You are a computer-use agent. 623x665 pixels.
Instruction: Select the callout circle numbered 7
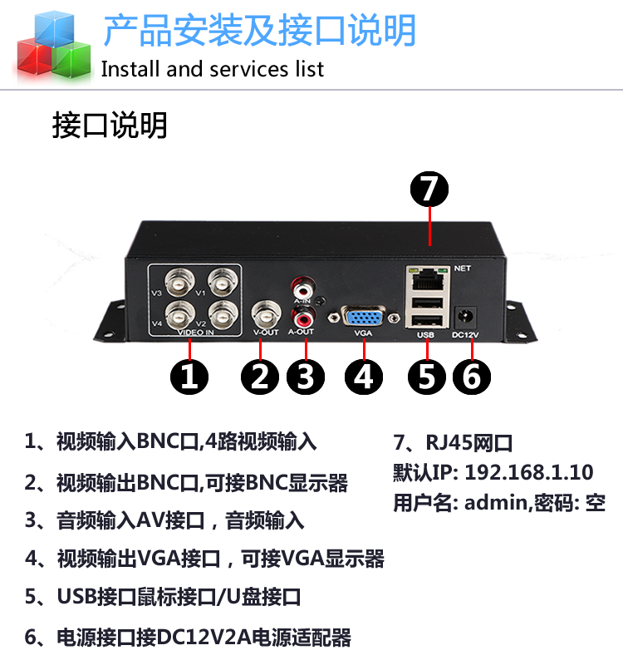coord(429,190)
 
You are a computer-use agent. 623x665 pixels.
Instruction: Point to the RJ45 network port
coord(424,277)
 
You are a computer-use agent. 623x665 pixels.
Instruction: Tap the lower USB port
coord(424,320)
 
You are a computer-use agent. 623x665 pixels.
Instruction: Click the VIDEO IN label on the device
coord(196,333)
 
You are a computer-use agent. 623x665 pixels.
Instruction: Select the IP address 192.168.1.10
coord(529,473)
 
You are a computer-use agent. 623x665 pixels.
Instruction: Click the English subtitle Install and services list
coord(213,69)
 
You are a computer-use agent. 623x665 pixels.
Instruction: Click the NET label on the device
coord(463,268)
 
